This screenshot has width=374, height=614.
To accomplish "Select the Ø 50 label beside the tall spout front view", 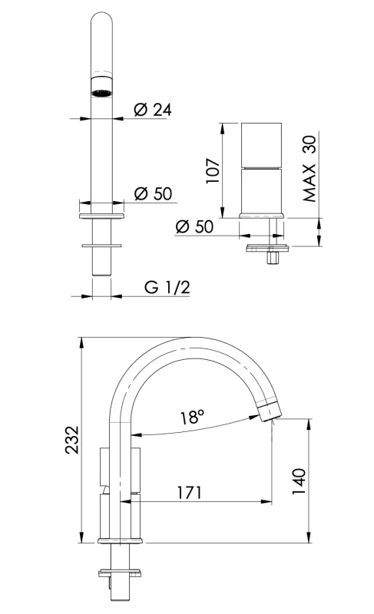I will pyautogui.click(x=152, y=193).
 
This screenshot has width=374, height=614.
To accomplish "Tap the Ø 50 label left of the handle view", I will pyautogui.click(x=194, y=226).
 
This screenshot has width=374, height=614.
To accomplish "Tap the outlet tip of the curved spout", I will pyautogui.click(x=268, y=412).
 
